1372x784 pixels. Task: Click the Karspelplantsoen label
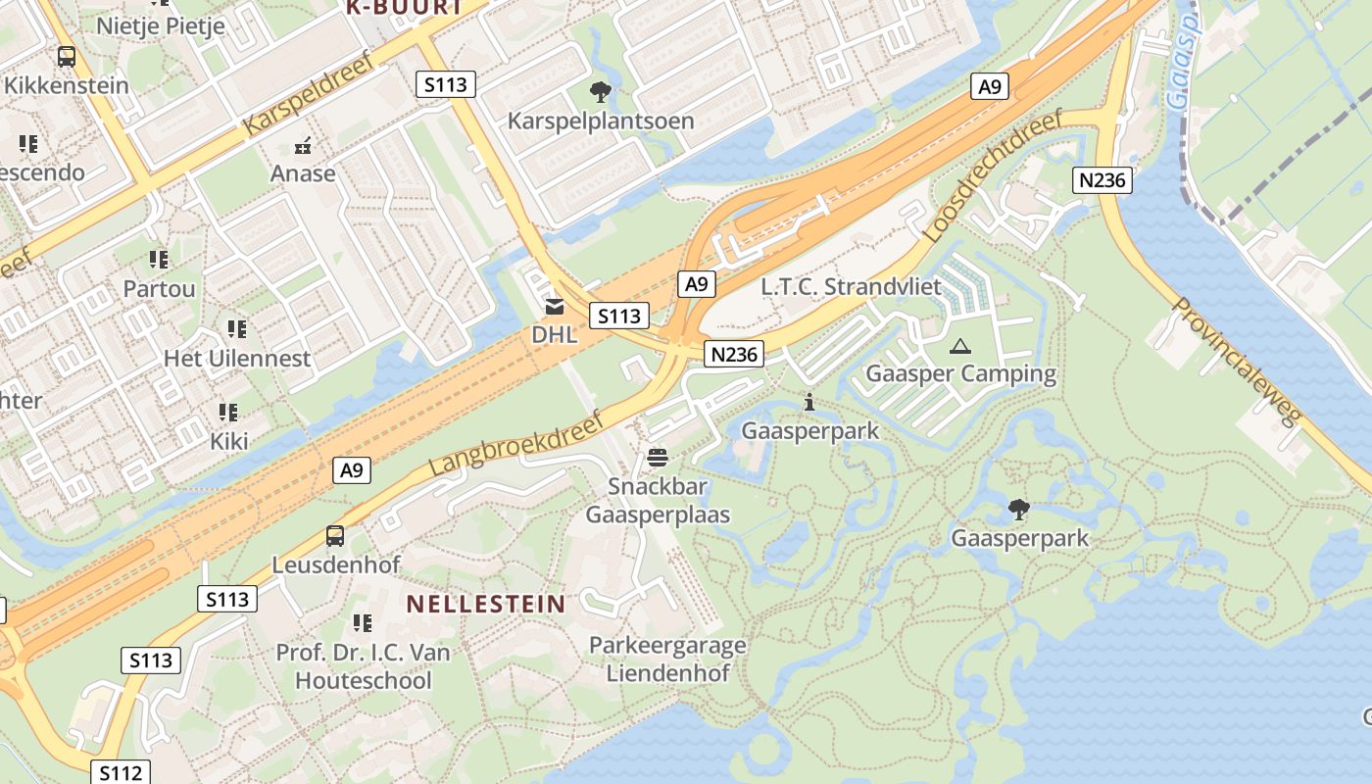[x=600, y=122]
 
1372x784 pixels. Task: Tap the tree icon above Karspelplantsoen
[x=600, y=92]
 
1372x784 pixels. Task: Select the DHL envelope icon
[x=555, y=307]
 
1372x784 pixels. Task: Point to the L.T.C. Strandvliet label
[x=851, y=287]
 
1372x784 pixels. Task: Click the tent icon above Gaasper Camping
[x=960, y=346]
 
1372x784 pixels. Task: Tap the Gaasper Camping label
[x=960, y=373]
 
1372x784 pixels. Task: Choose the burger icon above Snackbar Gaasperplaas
[x=657, y=458]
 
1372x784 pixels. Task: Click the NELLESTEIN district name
[x=486, y=604]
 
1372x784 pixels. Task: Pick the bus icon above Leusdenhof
[x=335, y=536]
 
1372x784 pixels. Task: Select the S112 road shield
[x=122, y=773]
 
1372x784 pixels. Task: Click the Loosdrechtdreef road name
[x=994, y=176]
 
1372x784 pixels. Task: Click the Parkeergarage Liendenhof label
[x=667, y=660]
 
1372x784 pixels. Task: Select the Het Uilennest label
[x=237, y=359]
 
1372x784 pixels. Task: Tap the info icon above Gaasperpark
[x=809, y=402]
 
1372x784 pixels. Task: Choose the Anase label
[x=304, y=174]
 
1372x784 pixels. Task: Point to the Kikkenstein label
[x=67, y=85]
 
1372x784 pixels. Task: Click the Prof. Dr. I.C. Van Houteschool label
[x=363, y=666]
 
